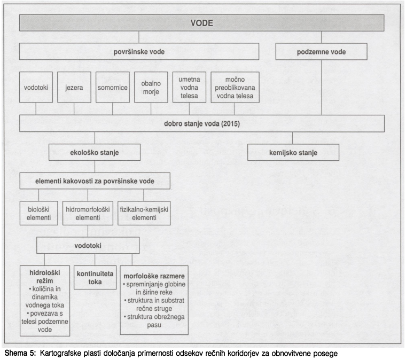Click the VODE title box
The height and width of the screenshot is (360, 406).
point(202,23)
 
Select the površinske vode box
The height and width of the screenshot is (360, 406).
point(139,52)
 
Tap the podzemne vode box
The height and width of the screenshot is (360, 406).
point(321,52)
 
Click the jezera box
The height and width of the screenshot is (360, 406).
point(73,86)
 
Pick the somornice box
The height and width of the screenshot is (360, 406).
point(112,86)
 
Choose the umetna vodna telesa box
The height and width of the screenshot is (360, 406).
point(189,86)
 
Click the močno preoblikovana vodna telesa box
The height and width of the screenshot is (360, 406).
point(235,86)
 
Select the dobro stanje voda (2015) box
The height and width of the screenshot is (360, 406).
point(202,123)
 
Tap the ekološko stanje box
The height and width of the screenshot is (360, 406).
point(95,152)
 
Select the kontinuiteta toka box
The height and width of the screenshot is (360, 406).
point(95,278)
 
